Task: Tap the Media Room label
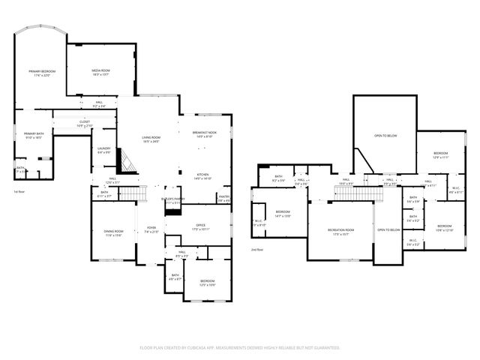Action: (x=100, y=72)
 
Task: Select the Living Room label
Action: (x=151, y=139)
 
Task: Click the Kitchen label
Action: (x=202, y=176)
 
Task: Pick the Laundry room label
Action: (x=103, y=150)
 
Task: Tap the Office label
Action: (x=200, y=226)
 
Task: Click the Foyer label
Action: (x=151, y=230)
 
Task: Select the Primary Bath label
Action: (x=34, y=136)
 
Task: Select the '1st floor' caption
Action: (x=20, y=192)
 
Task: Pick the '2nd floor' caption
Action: (x=257, y=249)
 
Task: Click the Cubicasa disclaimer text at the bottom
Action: (x=240, y=348)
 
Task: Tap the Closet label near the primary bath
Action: (x=84, y=124)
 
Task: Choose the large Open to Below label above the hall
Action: (x=385, y=136)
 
